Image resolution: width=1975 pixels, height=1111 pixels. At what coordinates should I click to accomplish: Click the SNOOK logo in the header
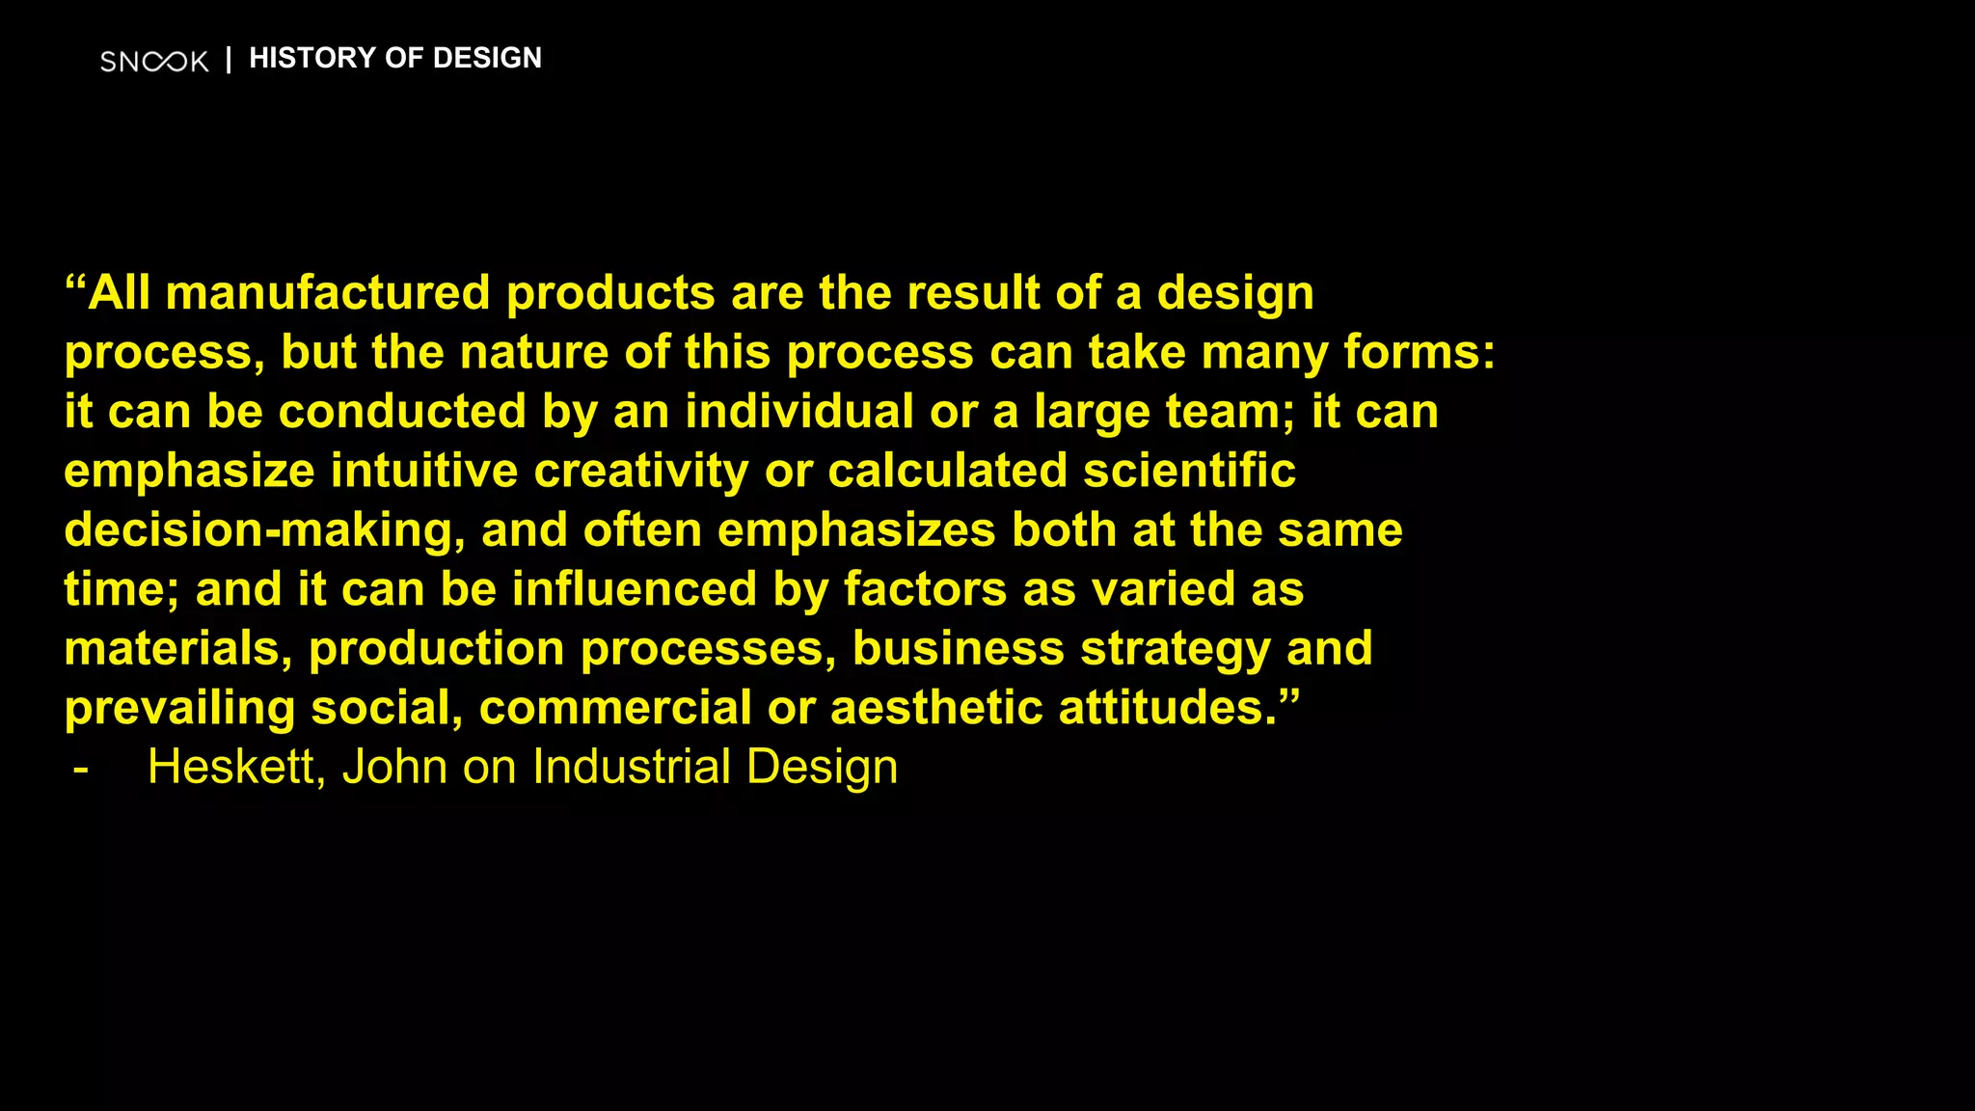pos(154,62)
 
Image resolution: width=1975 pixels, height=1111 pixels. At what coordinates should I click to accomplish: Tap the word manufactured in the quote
pos(328,292)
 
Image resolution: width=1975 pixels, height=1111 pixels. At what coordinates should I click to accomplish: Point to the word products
pos(610,294)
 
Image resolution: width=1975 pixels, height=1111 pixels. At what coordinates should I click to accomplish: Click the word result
pos(972,292)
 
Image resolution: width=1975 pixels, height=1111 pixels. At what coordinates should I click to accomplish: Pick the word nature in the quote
pos(533,352)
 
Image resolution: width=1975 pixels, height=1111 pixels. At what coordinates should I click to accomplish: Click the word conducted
pos(402,412)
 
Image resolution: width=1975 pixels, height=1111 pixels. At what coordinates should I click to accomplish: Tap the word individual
pos(799,412)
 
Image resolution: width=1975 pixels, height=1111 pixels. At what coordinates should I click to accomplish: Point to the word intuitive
pos(424,472)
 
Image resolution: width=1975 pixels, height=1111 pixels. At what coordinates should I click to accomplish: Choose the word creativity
pos(641,472)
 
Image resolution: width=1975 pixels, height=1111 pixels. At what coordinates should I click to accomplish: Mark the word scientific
pos(1189,472)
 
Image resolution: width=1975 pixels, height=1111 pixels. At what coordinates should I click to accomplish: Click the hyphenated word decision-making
pos(257,531)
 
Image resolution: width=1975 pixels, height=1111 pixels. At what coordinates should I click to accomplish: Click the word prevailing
pos(179,709)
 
